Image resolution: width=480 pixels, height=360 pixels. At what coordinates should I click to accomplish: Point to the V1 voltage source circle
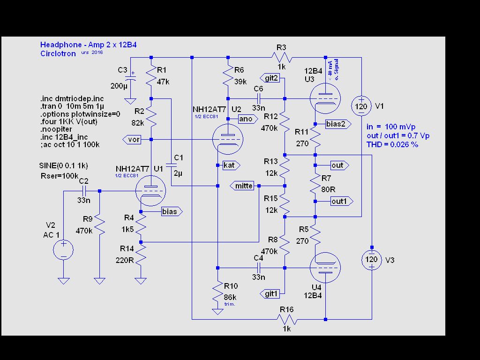tap(361, 106)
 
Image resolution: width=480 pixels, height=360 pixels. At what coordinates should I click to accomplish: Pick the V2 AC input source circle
tap(63, 249)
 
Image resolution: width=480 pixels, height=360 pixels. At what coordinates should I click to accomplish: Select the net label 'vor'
tap(134, 140)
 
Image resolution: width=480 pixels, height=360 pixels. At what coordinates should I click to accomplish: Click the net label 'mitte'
tap(243, 186)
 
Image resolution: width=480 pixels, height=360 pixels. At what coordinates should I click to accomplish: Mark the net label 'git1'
tap(272, 294)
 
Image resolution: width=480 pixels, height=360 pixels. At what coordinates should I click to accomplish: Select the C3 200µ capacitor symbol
tap(131, 80)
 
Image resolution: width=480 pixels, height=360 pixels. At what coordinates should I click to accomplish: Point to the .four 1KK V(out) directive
tap(67, 121)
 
